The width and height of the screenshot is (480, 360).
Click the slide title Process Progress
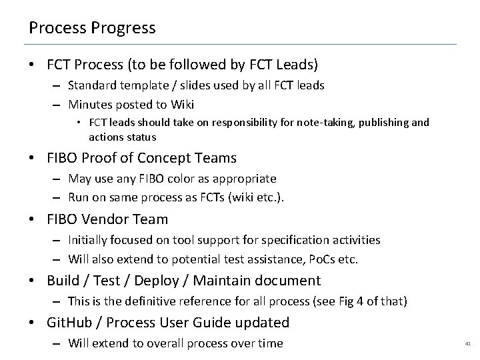92,28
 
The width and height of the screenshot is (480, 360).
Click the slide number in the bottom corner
467,344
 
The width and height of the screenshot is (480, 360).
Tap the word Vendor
104,219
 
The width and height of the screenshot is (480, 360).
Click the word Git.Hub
71,323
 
